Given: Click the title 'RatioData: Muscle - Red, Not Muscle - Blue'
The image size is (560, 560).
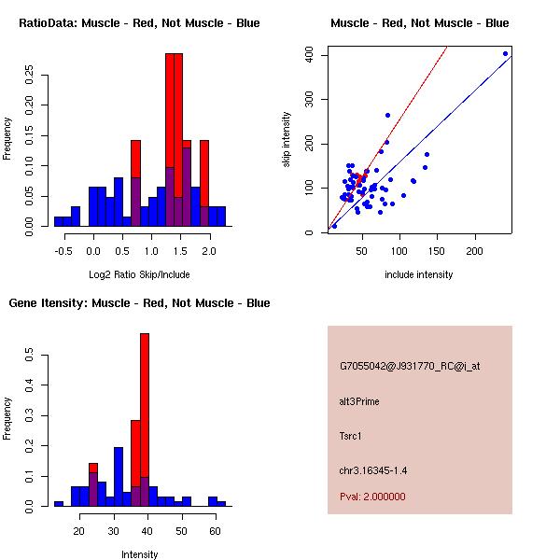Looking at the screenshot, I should (x=139, y=22).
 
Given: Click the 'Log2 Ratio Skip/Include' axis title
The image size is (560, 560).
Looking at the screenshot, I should (x=139, y=274).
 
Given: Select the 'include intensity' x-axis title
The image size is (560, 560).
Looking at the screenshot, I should (x=419, y=274).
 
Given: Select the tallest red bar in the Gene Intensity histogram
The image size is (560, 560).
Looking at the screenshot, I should (x=145, y=419).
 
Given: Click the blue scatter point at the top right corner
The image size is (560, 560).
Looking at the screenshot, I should (x=505, y=53).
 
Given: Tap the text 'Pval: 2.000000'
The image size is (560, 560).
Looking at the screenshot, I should (x=372, y=497).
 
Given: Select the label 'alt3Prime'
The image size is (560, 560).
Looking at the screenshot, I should (x=359, y=401).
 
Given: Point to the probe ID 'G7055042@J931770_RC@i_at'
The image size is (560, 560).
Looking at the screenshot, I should (x=410, y=367).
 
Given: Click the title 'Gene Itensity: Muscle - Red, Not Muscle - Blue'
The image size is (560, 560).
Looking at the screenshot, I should (x=139, y=302).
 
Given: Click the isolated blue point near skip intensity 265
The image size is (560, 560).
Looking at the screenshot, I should (x=387, y=116).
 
